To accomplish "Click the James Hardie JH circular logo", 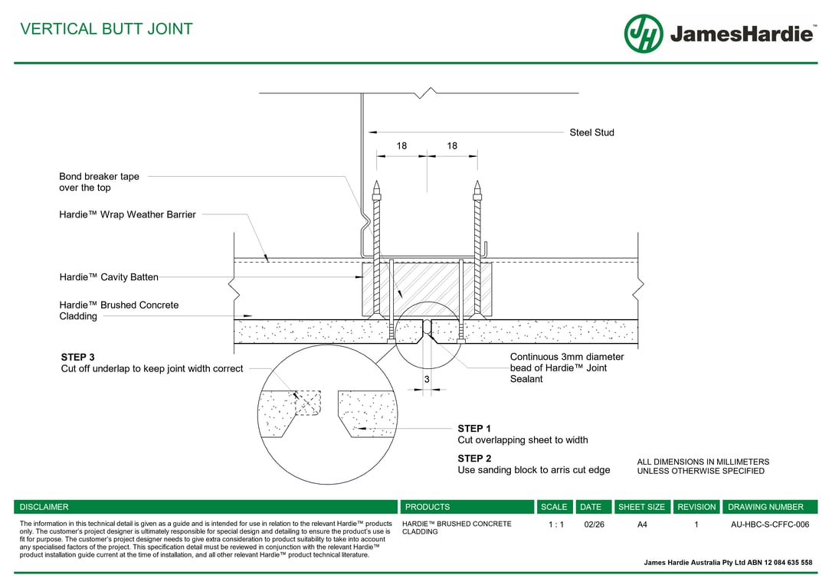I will click(643, 34).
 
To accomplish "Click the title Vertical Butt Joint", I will click(106, 29).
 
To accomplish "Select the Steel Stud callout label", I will click(591, 132).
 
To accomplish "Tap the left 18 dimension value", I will click(401, 145).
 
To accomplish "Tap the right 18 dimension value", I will click(452, 145).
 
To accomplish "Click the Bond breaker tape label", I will click(99, 181).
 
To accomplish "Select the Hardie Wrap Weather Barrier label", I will click(127, 214).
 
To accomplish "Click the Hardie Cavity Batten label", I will click(109, 277).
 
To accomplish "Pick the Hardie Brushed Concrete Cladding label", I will click(119, 310).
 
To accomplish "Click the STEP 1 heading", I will click(474, 429).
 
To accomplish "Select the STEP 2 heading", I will click(474, 459).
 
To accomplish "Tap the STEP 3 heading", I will click(77, 357).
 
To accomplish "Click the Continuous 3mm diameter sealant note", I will click(566, 367).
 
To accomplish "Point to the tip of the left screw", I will click(376, 184).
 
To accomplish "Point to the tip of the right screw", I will click(477, 184).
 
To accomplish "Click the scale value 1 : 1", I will click(555, 524).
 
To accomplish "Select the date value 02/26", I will click(594, 524).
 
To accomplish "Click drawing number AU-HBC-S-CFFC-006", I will click(770, 524).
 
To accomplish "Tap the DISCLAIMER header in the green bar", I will click(44, 507).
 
